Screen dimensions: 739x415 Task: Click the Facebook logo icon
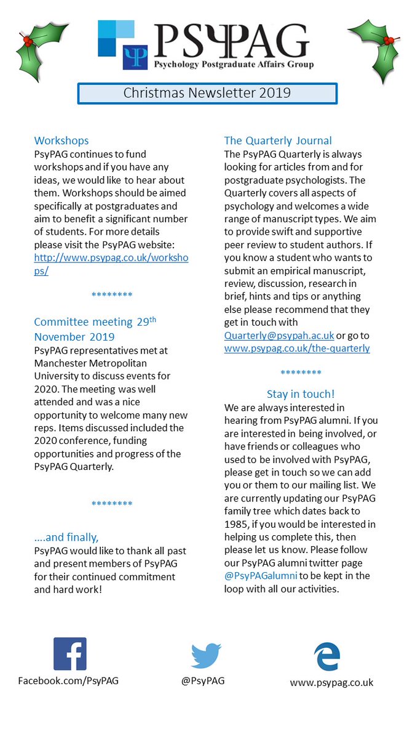69,653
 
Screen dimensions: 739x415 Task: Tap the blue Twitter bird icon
206,656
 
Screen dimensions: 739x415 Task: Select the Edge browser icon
326,656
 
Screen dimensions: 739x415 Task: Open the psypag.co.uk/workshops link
111,264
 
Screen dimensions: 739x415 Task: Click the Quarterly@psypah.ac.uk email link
279,336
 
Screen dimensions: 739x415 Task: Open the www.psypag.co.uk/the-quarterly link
297,348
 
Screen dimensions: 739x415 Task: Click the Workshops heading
61,140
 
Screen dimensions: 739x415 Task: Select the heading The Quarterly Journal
278,140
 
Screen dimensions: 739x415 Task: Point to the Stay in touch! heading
301,394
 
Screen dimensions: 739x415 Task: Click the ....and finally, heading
66,537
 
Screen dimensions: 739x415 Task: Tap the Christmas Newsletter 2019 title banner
207,94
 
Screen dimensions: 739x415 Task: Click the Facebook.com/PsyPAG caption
68,680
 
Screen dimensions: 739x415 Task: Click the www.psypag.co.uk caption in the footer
331,682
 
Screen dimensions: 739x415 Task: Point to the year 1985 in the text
238,523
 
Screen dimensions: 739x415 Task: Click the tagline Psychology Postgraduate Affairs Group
233,64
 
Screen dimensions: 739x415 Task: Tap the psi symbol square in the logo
132,57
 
